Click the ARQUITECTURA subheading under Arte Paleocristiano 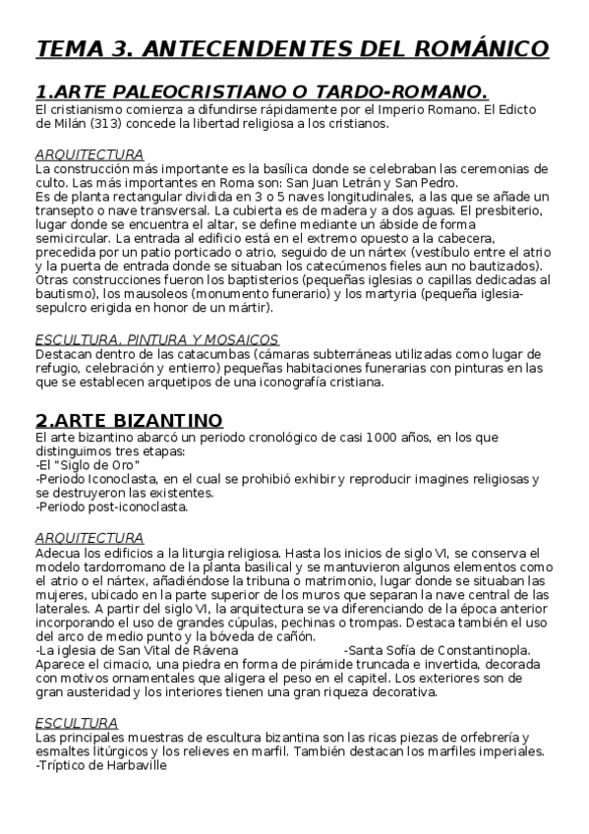[x=89, y=154]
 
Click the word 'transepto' [x=68, y=210]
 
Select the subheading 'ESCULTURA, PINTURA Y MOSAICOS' [x=141, y=339]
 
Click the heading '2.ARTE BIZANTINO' [x=129, y=420]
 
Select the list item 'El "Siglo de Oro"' [x=87, y=465]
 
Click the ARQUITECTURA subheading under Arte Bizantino [x=89, y=538]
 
